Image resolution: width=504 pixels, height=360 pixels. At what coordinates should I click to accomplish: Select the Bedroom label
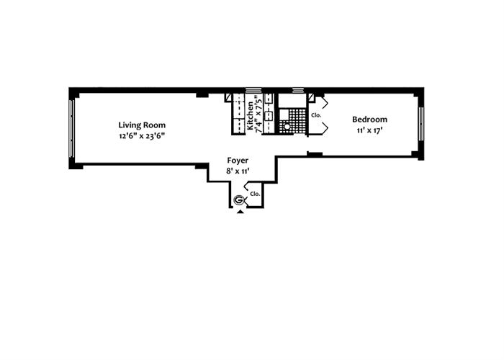click(x=369, y=120)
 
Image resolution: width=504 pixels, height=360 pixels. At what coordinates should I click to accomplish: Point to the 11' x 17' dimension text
click(x=369, y=131)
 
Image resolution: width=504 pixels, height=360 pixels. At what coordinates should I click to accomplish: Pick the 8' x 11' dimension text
click(x=238, y=171)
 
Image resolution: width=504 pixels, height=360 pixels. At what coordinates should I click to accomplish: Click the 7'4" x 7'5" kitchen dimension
click(x=258, y=113)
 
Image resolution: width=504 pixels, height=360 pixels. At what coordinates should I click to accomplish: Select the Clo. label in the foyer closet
click(x=254, y=194)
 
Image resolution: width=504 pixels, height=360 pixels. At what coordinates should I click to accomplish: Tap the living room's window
click(x=71, y=127)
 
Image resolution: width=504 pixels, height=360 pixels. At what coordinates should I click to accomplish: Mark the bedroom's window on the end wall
click(x=420, y=123)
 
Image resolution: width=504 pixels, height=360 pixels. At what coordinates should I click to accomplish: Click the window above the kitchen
click(x=253, y=90)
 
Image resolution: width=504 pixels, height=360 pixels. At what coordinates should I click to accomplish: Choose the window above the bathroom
click(x=297, y=90)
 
